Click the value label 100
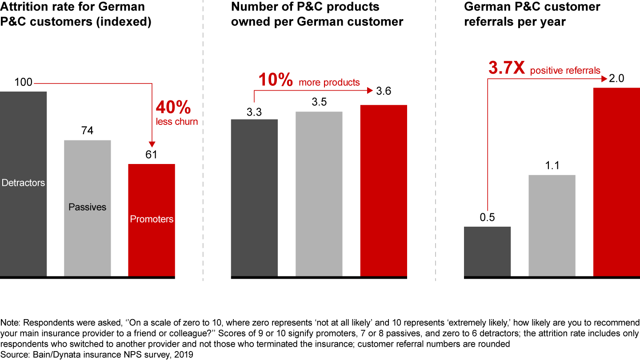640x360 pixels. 23,83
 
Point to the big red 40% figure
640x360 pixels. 173,108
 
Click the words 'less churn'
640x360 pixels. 177,122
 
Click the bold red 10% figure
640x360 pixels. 276,80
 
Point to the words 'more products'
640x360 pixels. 329,82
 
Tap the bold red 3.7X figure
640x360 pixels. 507,68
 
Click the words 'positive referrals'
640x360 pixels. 565,70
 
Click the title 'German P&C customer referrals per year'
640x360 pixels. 532,14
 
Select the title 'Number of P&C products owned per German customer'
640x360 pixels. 317,14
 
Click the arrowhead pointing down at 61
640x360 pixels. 152,144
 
